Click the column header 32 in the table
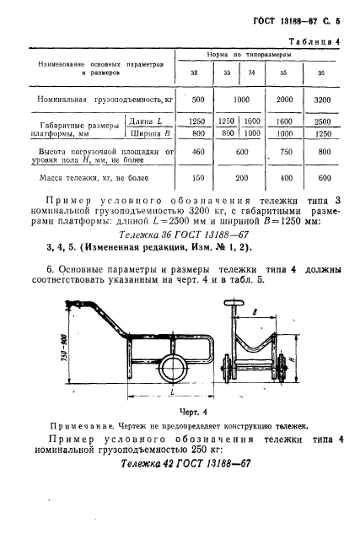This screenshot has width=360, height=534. click(x=195, y=72)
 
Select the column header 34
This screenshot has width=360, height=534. click(x=251, y=72)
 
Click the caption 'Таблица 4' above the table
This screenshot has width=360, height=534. click(x=314, y=41)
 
